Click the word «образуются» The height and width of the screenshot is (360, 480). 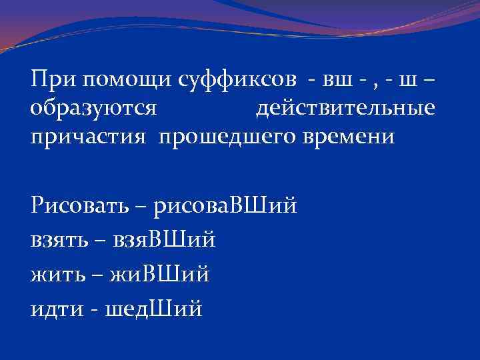point(93,108)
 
